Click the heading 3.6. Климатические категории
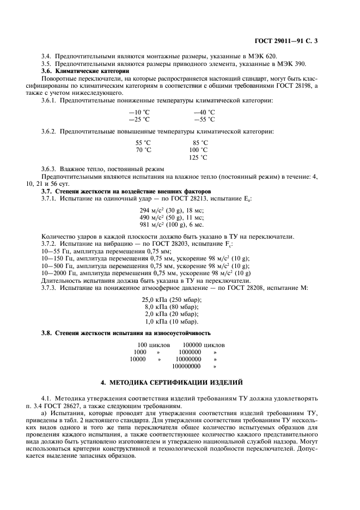coord(86,71)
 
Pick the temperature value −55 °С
coord(205,119)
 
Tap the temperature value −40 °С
coord(205,112)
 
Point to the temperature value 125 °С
coord(198,157)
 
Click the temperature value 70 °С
coord(143,150)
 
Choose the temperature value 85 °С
coord(200,142)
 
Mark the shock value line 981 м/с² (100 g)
coord(172,224)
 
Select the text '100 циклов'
coord(154,345)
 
